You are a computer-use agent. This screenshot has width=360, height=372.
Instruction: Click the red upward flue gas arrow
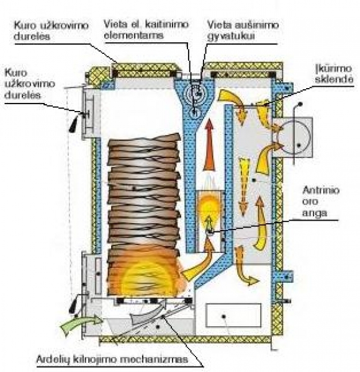click(209, 144)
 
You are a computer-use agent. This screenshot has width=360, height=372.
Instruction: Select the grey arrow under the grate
click(146, 312)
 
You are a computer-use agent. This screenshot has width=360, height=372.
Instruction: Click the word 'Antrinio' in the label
click(321, 190)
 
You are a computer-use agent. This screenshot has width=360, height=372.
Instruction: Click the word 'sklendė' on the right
click(334, 79)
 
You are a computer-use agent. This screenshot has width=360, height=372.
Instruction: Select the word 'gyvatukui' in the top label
click(231, 36)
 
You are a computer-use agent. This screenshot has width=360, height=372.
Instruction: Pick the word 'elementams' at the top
click(134, 35)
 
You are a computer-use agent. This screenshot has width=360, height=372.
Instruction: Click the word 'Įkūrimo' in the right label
click(333, 69)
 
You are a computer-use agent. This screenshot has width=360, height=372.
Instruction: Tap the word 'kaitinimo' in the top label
click(167, 24)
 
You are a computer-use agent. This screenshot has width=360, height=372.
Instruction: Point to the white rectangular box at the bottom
click(233, 316)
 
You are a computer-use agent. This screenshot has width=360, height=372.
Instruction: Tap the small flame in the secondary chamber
click(210, 209)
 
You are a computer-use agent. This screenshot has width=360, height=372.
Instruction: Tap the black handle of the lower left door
click(73, 304)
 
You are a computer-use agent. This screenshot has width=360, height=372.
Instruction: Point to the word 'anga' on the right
click(315, 213)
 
